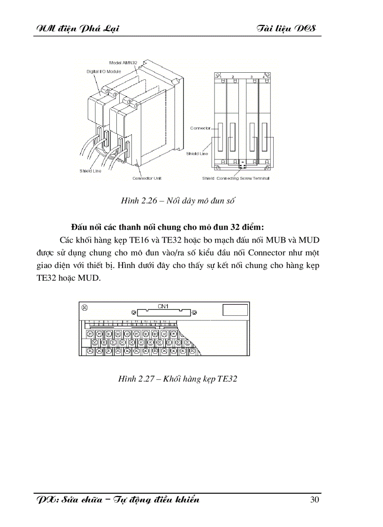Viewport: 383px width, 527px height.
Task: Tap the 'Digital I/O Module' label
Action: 104,71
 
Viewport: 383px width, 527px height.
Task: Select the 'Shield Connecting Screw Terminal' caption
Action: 236,178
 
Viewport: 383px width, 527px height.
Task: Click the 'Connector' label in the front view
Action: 200,128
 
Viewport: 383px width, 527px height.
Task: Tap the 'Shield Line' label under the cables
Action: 90,171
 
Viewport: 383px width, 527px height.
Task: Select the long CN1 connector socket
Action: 163,312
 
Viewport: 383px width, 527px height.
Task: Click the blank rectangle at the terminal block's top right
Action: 234,310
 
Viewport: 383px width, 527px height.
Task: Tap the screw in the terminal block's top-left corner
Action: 85,307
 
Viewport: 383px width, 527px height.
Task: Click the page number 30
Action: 314,499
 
